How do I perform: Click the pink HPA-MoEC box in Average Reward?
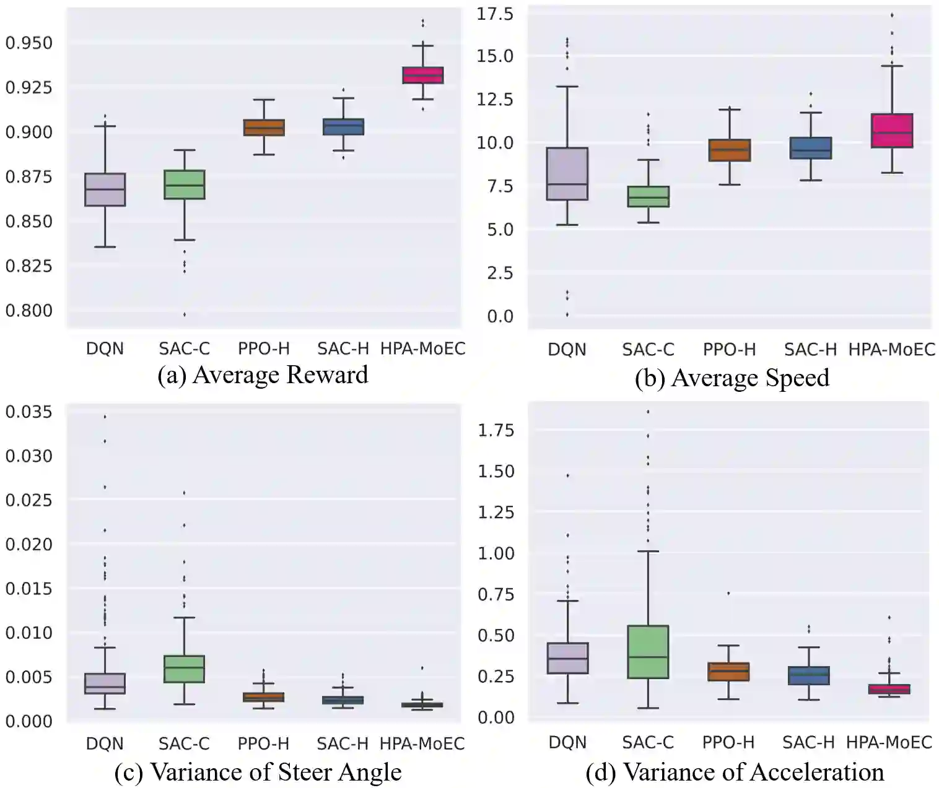coord(423,76)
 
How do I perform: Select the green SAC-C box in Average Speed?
coord(648,197)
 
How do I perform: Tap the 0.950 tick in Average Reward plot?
coord(29,43)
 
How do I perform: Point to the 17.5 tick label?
coord(494,14)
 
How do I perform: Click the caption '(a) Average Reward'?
coord(263,375)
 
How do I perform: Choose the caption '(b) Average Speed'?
coord(732,378)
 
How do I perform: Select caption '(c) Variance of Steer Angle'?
coord(258,772)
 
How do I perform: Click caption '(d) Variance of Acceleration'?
coord(735,772)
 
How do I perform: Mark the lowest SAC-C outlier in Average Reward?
coord(185,314)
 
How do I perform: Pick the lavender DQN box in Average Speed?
coord(567,174)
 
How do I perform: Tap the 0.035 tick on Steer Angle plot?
coord(29,412)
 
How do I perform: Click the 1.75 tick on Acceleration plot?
coord(496,430)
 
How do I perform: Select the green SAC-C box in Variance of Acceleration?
coord(648,652)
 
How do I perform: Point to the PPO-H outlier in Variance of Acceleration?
coord(728,593)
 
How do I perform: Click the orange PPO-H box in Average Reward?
coord(264,128)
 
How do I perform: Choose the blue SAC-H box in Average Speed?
coord(810,149)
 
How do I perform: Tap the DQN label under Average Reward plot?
coord(105,349)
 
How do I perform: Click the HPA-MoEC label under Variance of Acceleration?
coord(889,742)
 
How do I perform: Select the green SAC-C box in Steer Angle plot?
coord(185,669)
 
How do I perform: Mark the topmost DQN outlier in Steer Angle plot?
coord(105,417)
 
